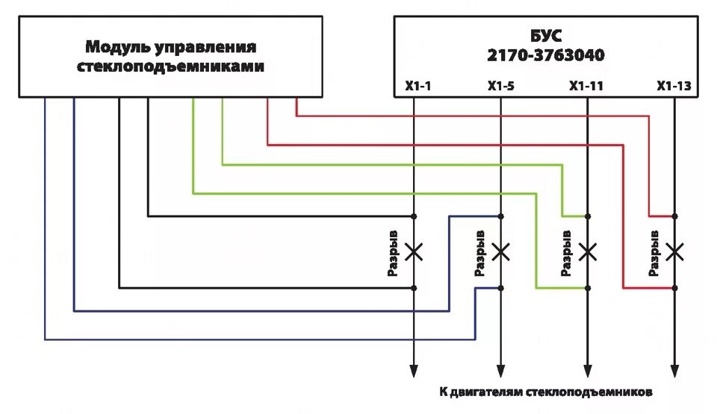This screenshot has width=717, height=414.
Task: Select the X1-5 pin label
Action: pos(501,87)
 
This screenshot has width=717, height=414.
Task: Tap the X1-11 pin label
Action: pos(586,87)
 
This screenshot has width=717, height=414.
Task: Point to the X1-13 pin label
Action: pos(674,87)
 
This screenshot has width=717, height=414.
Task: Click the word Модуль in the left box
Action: pos(117,48)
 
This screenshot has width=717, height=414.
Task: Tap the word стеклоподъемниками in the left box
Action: pos(171,66)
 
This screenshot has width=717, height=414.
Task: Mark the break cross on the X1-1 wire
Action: pos(414,251)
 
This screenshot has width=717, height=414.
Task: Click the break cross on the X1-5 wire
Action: pos(501,251)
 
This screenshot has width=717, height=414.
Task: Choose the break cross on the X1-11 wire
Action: pos(588,251)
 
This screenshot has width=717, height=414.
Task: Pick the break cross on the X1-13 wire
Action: pos(674,251)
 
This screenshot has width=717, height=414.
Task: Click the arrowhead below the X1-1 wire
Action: pos(414,370)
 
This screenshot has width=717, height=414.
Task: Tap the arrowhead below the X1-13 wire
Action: pos(674,370)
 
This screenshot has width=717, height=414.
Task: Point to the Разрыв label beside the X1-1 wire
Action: pos(393,253)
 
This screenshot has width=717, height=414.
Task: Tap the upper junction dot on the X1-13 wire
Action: pos(674,216)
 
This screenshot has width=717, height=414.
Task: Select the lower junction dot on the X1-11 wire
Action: pos(588,288)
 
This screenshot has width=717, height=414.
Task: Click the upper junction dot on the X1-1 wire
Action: pos(414,216)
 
